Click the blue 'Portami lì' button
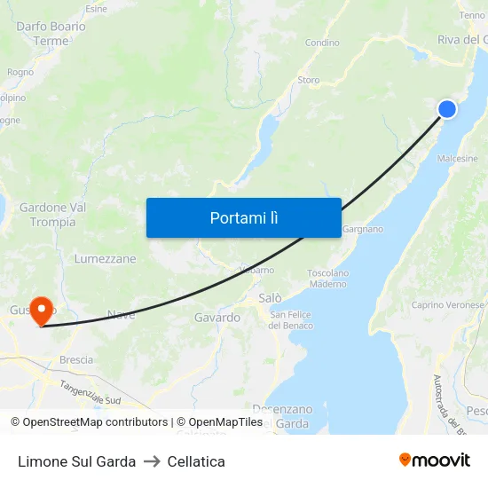point(244,217)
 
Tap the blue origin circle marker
point(447,109)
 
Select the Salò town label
point(270,298)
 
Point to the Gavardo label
point(217,317)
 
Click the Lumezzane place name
point(106,259)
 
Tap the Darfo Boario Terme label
point(51,34)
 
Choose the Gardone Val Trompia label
point(53,215)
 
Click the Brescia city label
point(75,360)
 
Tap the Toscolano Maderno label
point(327,279)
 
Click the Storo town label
point(309,80)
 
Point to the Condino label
point(322,43)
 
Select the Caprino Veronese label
point(447,305)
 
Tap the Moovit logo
point(435,460)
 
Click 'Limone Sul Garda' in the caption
point(77,461)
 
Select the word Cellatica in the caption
point(196,461)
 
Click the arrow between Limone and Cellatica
point(152,461)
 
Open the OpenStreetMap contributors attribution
point(90,422)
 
